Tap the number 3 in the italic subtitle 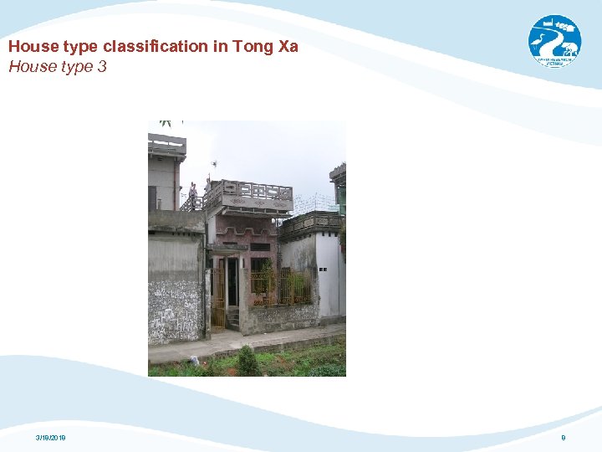click(102, 66)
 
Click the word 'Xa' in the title click(288, 47)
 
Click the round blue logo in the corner click(554, 41)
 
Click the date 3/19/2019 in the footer click(51, 438)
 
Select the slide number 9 click(564, 438)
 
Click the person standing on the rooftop click(193, 195)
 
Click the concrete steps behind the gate click(233, 319)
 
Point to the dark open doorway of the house click(232, 280)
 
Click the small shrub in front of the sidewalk click(247, 361)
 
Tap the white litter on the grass click(195, 360)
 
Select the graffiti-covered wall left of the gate click(175, 310)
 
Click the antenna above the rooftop click(213, 165)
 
